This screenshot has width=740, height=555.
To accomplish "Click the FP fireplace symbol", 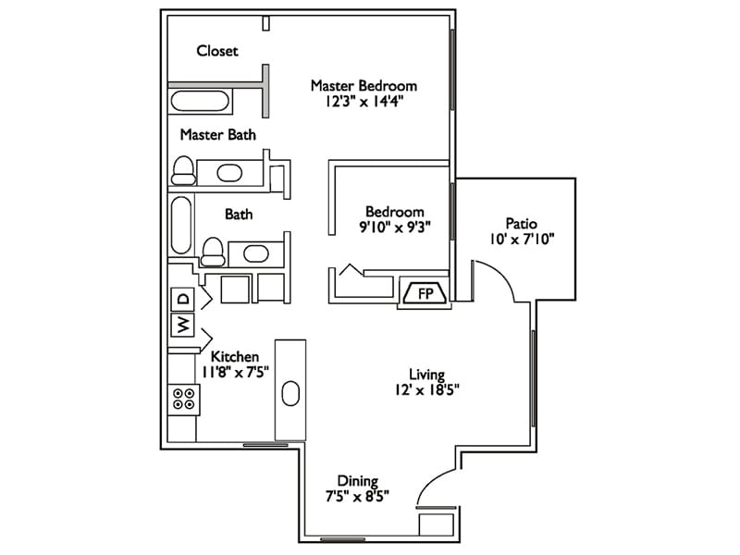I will pyautogui.click(x=425, y=294).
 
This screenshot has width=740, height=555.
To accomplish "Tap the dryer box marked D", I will pyautogui.click(x=183, y=299).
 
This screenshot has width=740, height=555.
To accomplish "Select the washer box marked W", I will pyautogui.click(x=183, y=325).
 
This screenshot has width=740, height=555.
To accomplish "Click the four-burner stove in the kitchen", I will pyautogui.click(x=183, y=399).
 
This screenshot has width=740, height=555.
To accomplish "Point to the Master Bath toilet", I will pyautogui.click(x=184, y=169).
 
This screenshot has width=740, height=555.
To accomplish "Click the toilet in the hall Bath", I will pyautogui.click(x=214, y=250).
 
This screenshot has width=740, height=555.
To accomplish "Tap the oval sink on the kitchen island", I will pyautogui.click(x=290, y=393).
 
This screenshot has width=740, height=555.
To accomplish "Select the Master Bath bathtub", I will pyautogui.click(x=200, y=100).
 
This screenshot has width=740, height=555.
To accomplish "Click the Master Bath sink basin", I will pyautogui.click(x=228, y=172).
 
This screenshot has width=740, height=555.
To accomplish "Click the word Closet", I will pyautogui.click(x=217, y=51).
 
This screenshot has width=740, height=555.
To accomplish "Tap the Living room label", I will pyautogui.click(x=428, y=375).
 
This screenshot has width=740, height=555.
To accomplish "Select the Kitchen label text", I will pyautogui.click(x=235, y=356).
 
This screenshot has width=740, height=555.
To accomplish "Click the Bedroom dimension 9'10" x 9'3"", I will pyautogui.click(x=394, y=227).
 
